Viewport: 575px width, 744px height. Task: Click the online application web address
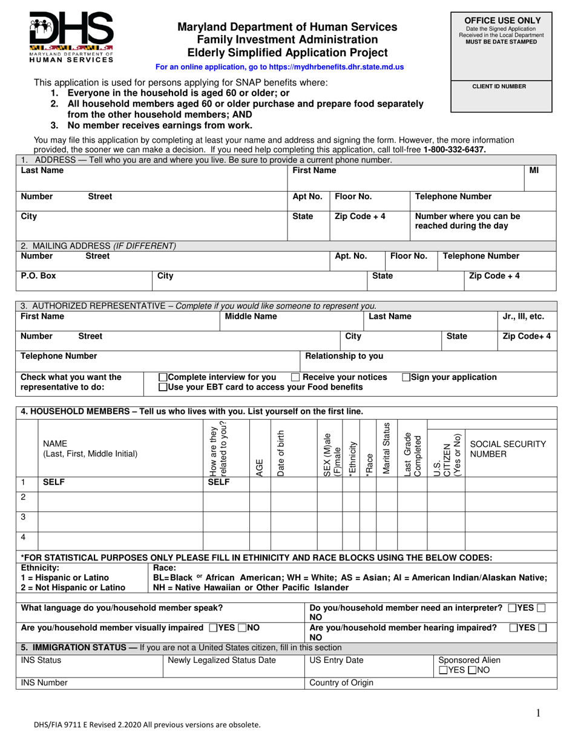point(279,68)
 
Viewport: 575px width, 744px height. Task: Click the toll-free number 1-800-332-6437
point(454,149)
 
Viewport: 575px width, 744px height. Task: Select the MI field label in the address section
point(534,171)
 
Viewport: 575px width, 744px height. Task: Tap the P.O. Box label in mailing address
point(38,276)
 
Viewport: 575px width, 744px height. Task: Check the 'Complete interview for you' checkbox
point(162,377)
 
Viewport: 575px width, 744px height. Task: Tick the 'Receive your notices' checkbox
point(295,377)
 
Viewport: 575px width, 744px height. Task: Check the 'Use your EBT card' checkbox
point(162,387)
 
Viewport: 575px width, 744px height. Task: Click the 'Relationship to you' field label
point(344,356)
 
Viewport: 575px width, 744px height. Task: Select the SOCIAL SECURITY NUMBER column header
point(508,448)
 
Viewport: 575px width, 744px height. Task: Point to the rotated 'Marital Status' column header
point(386,448)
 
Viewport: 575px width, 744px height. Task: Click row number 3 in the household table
point(24,517)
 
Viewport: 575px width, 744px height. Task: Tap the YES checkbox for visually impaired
point(214,628)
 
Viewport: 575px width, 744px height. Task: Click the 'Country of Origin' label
point(341,683)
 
